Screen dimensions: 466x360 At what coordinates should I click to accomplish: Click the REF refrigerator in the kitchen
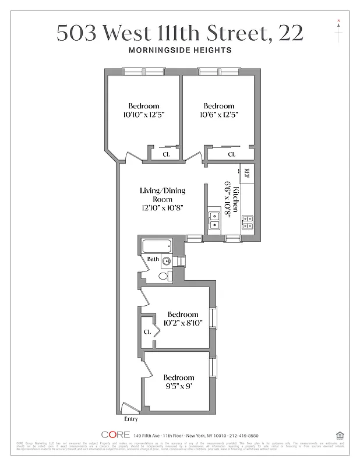(246, 173)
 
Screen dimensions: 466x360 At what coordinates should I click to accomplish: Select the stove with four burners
(246, 221)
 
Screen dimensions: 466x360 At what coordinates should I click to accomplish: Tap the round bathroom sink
(167, 261)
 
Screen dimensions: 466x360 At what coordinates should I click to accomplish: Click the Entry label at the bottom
(132, 419)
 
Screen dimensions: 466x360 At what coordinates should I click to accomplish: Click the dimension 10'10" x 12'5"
(144, 115)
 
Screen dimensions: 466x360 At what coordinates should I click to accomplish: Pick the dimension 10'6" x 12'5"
(219, 115)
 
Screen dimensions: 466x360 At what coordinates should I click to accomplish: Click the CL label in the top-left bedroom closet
(166, 154)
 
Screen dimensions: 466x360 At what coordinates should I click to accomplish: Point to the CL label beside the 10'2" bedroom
(147, 331)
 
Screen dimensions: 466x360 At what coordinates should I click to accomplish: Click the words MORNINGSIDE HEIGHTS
(179, 50)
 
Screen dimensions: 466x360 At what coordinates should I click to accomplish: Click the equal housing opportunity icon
(340, 435)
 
